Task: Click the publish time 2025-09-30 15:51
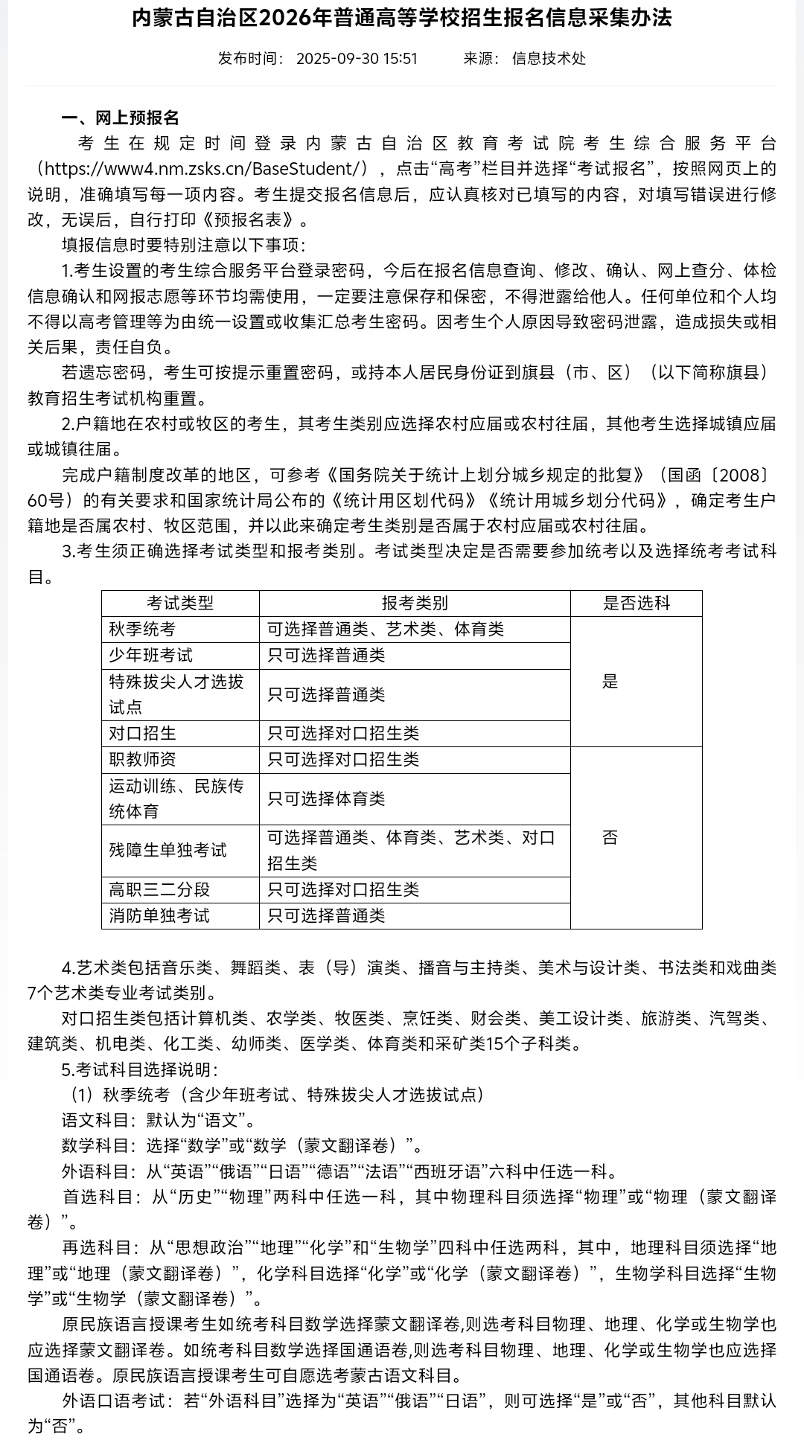tap(357, 59)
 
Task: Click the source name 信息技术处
tap(549, 59)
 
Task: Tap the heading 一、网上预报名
tap(120, 118)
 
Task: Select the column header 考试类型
tap(180, 604)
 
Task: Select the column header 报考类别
tap(415, 604)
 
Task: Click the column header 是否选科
tap(636, 604)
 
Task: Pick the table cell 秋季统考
tap(142, 630)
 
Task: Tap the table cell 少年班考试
tap(150, 656)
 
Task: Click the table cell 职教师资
tap(142, 760)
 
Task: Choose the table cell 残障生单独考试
tap(167, 851)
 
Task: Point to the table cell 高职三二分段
tap(159, 890)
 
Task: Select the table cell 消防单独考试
tap(159, 916)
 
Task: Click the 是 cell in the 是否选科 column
tap(610, 682)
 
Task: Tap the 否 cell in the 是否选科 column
tap(610, 838)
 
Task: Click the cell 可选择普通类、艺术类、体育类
tap(386, 630)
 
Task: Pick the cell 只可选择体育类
tap(326, 799)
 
